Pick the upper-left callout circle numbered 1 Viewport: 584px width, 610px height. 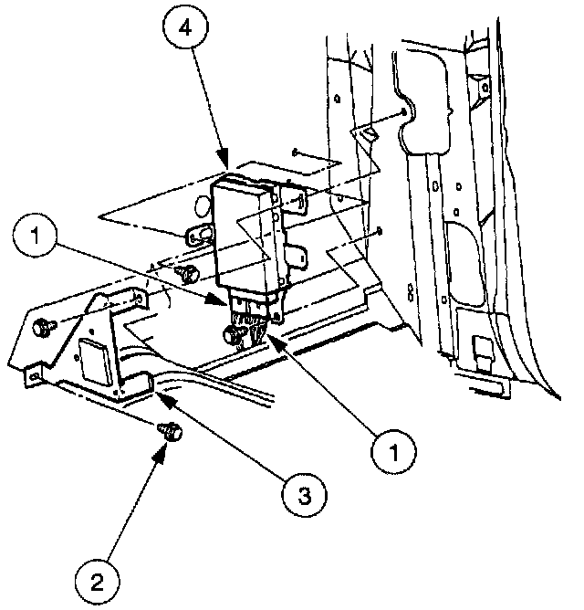pos(37,239)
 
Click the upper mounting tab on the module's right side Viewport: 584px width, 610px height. pos(292,201)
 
